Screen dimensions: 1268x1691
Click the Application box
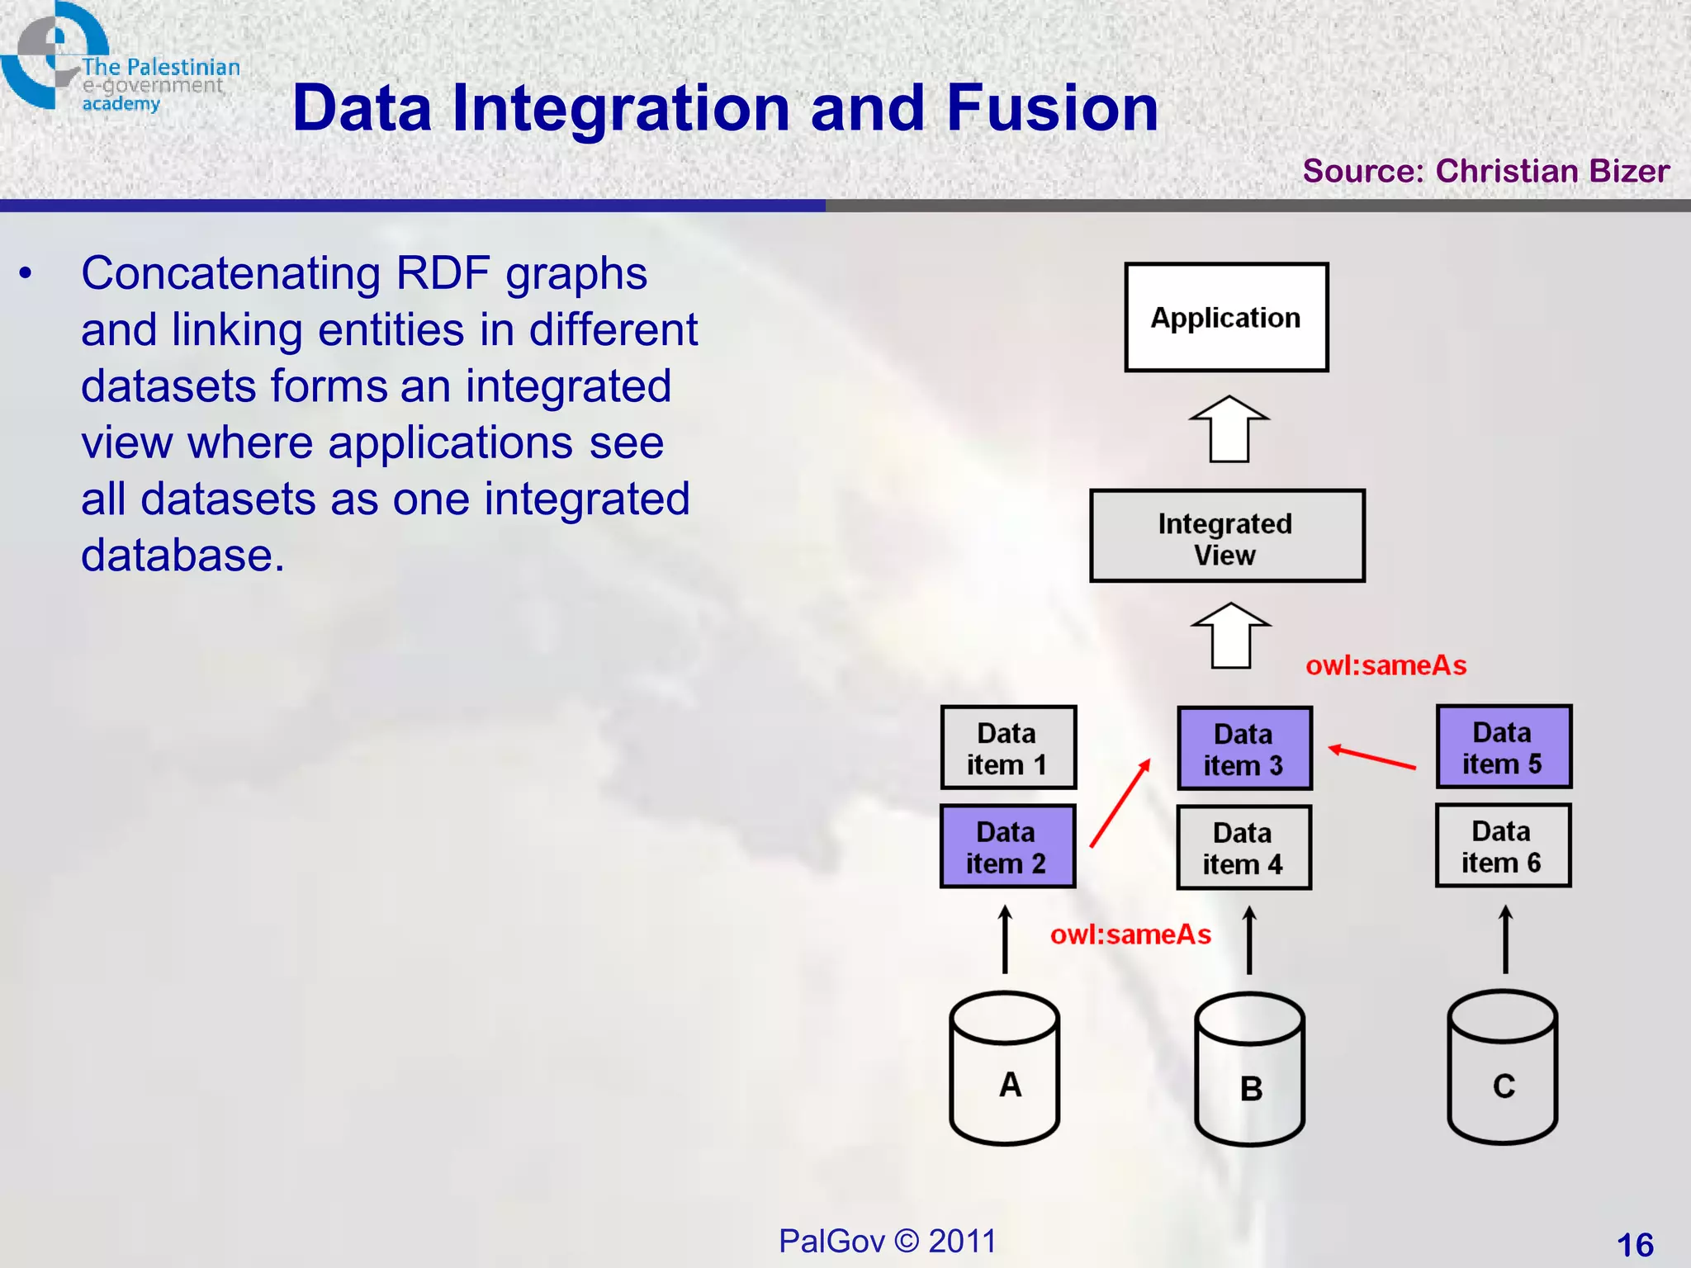tap(1226, 318)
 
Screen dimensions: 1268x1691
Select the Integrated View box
tap(1226, 537)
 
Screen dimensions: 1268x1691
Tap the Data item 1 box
tap(1008, 748)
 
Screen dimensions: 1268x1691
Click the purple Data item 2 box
tap(1007, 846)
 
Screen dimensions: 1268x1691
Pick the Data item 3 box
tap(1244, 749)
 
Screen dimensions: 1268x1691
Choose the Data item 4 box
tap(1243, 848)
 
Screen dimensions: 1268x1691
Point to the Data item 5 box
tap(1503, 747)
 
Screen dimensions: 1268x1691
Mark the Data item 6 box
tap(1503, 846)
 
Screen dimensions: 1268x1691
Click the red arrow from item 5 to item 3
tap(1372, 758)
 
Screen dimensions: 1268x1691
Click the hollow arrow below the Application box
tap(1229, 429)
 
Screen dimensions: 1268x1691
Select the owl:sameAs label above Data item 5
tap(1385, 665)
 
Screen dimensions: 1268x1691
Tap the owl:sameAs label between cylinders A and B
tap(1130, 934)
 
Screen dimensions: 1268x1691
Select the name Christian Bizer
tap(1552, 171)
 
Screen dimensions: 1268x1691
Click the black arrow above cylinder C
tap(1505, 939)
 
